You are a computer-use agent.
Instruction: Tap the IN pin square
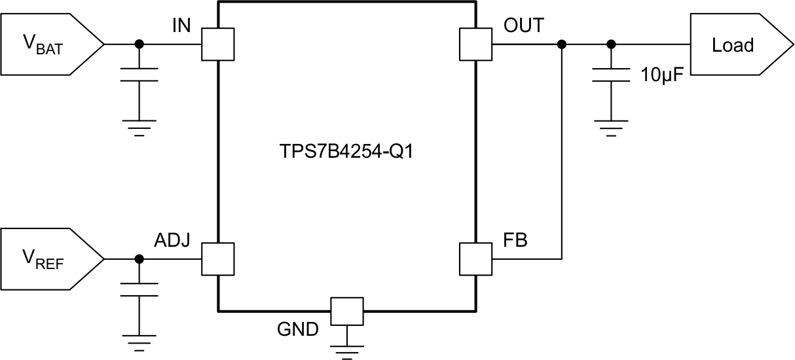(x=217, y=45)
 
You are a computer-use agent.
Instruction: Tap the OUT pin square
(x=476, y=45)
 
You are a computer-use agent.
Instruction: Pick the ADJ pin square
(x=217, y=259)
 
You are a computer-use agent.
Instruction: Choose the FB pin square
(x=476, y=259)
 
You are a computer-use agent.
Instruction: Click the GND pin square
(x=346, y=311)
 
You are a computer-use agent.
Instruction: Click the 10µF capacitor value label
(x=662, y=75)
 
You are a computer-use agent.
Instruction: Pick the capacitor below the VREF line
(x=139, y=289)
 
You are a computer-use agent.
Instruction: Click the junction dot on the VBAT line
(x=139, y=45)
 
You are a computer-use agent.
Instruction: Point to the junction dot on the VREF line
(x=139, y=259)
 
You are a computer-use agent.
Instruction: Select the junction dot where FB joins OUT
(x=561, y=45)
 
